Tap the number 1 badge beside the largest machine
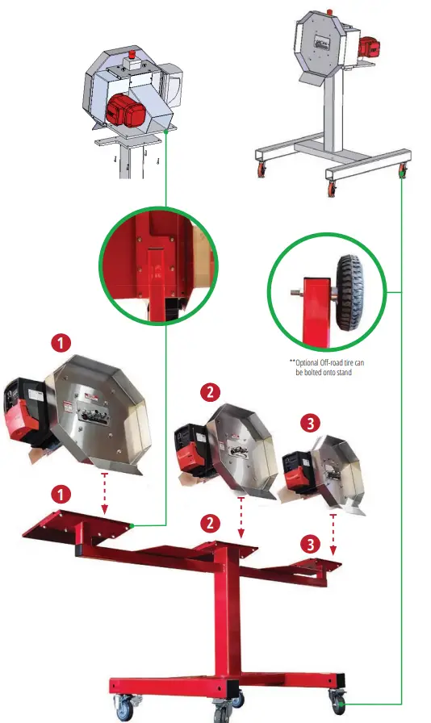tap(61, 341)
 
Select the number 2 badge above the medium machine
tap(211, 393)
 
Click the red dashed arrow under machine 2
tap(241, 520)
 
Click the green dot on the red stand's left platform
tap(132, 525)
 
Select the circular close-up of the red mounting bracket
tap(158, 263)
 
